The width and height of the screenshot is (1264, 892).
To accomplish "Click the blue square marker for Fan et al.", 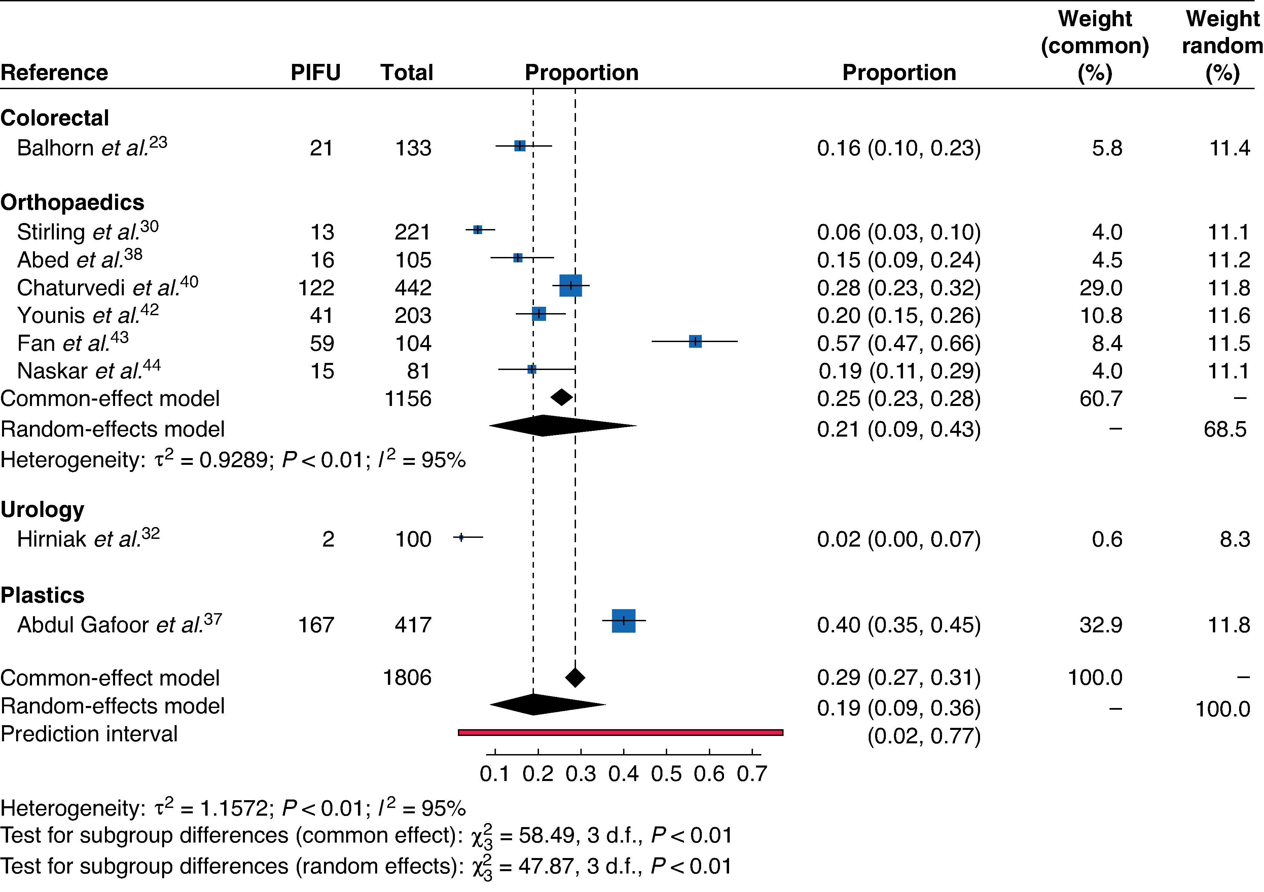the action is pyautogui.click(x=695, y=341).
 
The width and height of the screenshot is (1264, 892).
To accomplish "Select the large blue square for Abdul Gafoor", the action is pyautogui.click(x=624, y=621).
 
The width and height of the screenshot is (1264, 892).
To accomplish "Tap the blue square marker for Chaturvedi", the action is pyautogui.click(x=571, y=286).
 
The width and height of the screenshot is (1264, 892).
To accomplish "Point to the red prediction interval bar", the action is pyautogui.click(x=620, y=733).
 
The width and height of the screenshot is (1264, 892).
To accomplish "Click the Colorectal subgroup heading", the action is pyautogui.click(x=55, y=118).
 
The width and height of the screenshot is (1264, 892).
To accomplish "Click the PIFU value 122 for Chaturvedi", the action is pyautogui.click(x=316, y=288).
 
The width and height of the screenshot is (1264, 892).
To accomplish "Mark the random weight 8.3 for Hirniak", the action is pyautogui.click(x=1235, y=539).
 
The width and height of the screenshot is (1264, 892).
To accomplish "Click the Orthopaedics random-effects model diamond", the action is pyautogui.click(x=563, y=426).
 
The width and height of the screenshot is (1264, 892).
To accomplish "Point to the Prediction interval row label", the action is pyautogui.click(x=89, y=734).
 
